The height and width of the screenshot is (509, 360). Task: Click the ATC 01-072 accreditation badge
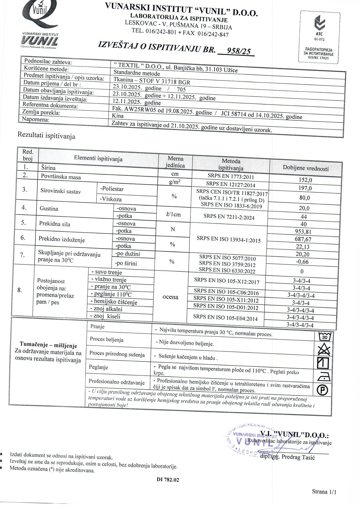click(319, 37)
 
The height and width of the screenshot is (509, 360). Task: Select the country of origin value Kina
click(118, 116)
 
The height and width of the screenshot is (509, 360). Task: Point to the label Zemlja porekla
click(41, 112)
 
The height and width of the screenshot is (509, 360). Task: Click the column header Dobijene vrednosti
click(306, 168)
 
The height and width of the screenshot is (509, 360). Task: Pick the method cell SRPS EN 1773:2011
click(231, 176)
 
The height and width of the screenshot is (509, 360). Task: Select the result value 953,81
click(303, 232)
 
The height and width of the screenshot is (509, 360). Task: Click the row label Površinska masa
click(61, 177)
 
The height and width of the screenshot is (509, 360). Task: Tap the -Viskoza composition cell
click(111, 199)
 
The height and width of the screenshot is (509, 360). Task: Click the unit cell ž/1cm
click(173, 215)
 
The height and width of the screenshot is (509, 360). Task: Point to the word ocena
click(170, 297)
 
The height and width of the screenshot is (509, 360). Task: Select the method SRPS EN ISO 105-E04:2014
click(225, 317)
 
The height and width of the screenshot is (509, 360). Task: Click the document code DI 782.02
click(168, 480)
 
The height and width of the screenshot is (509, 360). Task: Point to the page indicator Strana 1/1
click(324, 492)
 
